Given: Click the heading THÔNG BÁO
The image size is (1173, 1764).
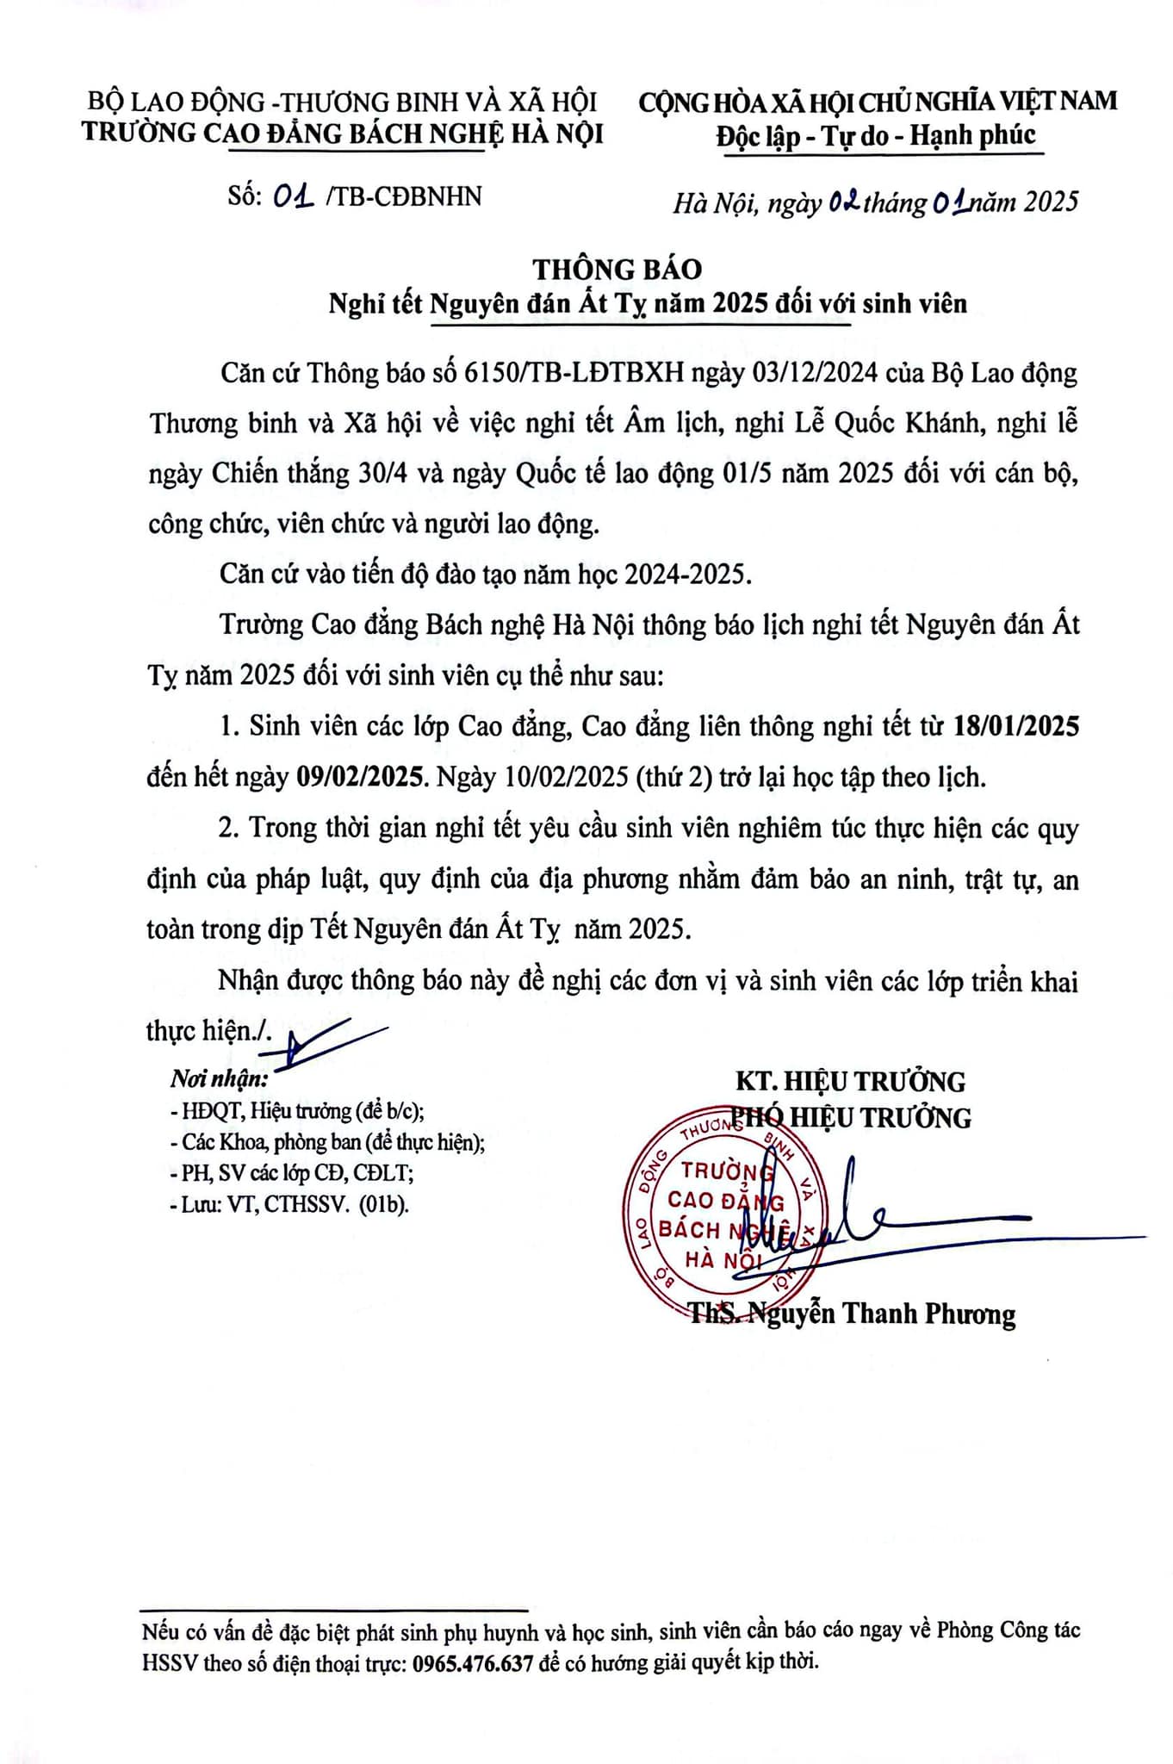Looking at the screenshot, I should (x=618, y=269).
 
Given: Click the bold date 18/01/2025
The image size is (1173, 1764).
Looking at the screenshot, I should (x=1016, y=726).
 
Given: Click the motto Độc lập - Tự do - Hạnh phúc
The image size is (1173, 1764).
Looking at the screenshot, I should (x=878, y=135).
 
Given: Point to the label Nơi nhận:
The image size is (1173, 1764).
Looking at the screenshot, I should (x=219, y=1078).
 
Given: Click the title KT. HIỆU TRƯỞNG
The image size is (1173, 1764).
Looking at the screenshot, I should (x=850, y=1081).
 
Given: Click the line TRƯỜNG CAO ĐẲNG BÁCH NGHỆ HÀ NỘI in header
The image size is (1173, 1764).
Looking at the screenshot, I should (x=343, y=134).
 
